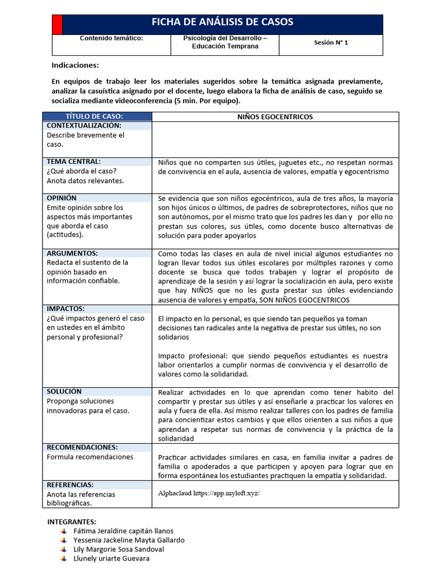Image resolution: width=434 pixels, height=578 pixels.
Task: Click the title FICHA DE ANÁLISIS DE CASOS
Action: tap(222, 23)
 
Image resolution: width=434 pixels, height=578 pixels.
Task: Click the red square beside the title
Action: tap(57, 25)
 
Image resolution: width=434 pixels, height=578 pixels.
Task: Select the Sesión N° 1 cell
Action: tap(331, 42)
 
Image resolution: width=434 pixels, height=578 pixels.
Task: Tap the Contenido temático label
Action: tap(111, 38)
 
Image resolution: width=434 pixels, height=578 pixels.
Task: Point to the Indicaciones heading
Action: tap(75, 65)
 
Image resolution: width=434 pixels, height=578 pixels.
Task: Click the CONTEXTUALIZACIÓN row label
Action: tap(84, 125)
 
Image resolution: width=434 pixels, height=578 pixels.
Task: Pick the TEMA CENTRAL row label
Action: tap(73, 161)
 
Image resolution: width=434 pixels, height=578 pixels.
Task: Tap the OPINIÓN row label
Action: tap(62, 198)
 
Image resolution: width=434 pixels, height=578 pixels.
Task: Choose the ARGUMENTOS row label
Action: tap(72, 253)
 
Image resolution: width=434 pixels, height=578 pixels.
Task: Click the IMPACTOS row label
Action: tap(66, 309)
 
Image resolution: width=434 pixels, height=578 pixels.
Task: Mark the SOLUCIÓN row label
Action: tap(64, 391)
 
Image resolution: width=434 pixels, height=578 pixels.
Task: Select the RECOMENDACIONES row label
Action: tap(82, 447)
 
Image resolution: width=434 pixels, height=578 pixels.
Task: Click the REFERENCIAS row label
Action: tap(70, 485)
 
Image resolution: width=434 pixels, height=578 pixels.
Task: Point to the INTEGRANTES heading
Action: tap(72, 521)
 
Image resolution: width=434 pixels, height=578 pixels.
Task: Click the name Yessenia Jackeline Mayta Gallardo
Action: tap(129, 540)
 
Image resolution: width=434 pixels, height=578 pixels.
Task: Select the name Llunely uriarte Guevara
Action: tap(112, 558)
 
